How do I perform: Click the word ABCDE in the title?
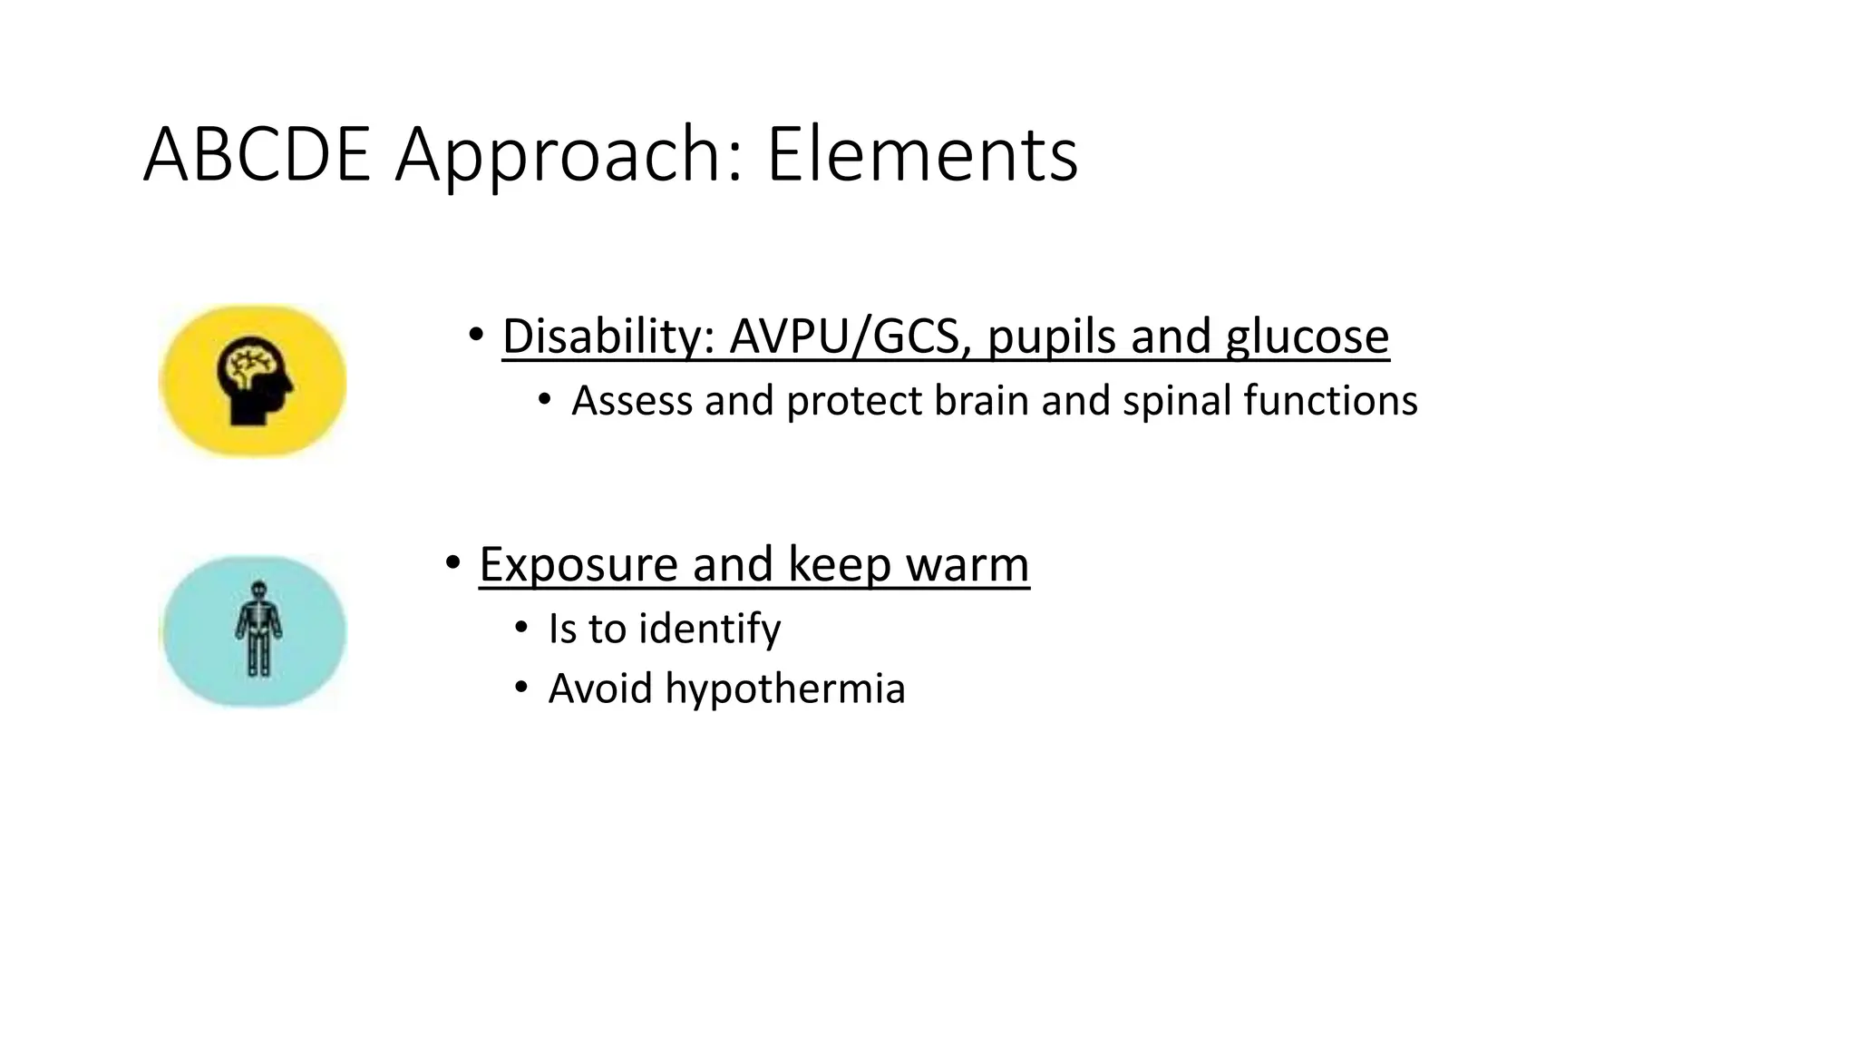point(257,154)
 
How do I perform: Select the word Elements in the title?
point(922,154)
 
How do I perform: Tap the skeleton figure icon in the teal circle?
point(258,630)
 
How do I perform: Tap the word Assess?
point(632,401)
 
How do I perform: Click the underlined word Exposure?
point(578,565)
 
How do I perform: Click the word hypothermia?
point(785,689)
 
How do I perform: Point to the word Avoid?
point(600,689)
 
